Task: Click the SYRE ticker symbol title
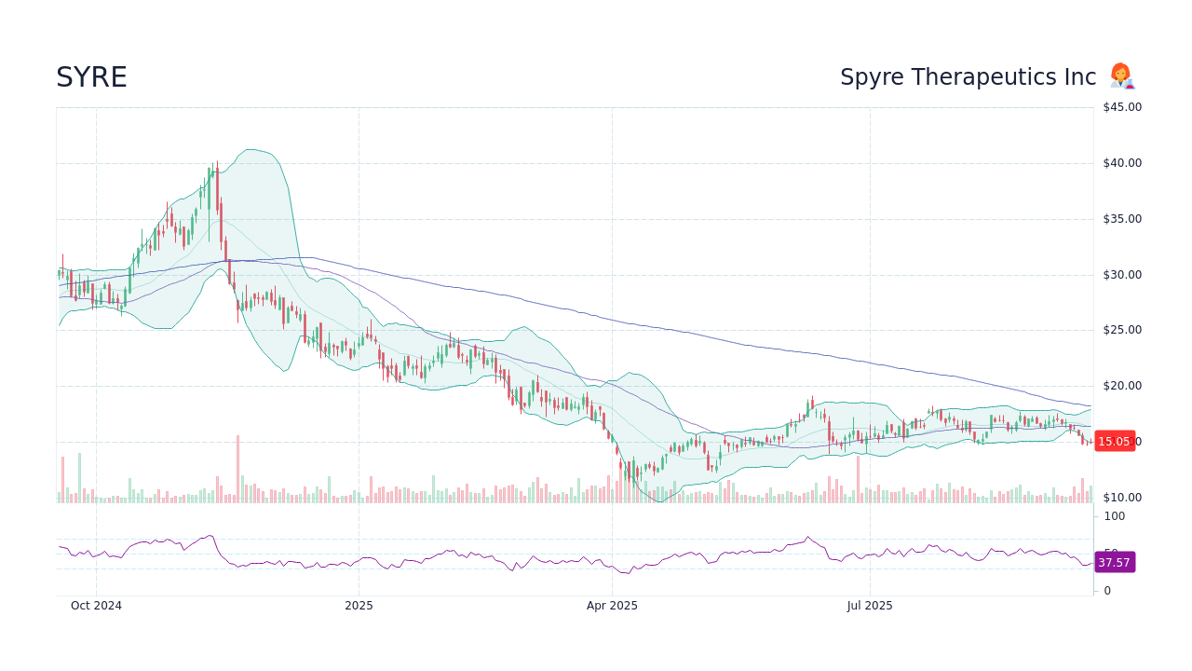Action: click(91, 78)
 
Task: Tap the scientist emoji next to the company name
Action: click(1121, 76)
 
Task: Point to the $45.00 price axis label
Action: click(1122, 107)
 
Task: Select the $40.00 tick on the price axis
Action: click(1122, 163)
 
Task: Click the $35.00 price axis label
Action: click(1122, 219)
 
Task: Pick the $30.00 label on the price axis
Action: click(1122, 275)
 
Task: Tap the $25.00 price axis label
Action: click(1122, 330)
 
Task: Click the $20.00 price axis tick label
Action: click(1122, 386)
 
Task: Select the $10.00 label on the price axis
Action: click(1122, 498)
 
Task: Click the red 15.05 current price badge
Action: click(1114, 442)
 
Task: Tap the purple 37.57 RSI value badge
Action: click(1114, 563)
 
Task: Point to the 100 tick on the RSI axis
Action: click(1115, 516)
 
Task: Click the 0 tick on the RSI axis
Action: click(1107, 591)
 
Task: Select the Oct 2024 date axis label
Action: click(96, 606)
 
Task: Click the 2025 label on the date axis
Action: click(359, 606)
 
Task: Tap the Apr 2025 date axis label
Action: click(612, 606)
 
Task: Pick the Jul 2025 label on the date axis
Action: click(870, 606)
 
